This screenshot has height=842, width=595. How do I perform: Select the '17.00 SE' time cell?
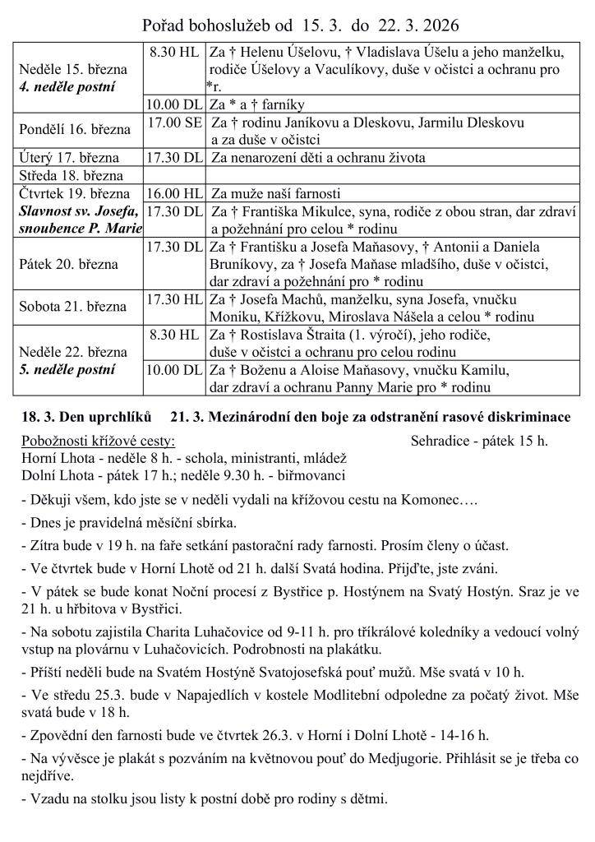174,122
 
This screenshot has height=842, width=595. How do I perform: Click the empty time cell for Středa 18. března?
174,175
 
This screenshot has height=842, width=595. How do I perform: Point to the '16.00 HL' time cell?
174,193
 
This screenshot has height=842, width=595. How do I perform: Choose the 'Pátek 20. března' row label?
70,264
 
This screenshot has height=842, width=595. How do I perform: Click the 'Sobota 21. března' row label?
73,306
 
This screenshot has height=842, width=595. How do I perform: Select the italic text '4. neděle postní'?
67,86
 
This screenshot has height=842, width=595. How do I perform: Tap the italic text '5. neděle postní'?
67,369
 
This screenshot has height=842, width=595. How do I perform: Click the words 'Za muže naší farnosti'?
275,194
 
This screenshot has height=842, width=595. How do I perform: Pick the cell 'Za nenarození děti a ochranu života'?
318,157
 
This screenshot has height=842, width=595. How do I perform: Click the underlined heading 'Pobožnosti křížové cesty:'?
99,440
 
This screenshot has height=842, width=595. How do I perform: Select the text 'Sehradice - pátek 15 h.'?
479,440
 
